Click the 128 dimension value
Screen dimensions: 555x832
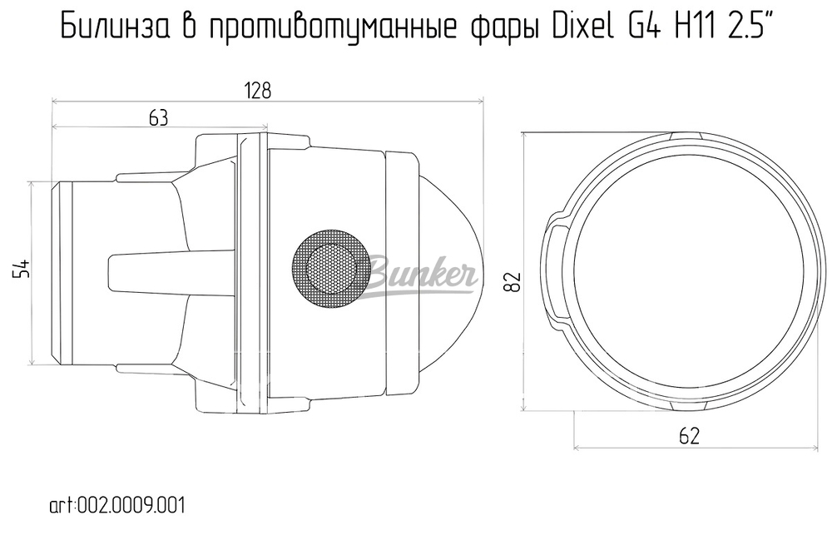tap(258, 91)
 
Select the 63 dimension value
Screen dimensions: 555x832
tap(158, 118)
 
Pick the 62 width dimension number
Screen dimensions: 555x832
tap(689, 434)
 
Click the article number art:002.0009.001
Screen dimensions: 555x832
tap(116, 505)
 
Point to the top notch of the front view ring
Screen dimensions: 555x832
tap(686, 136)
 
